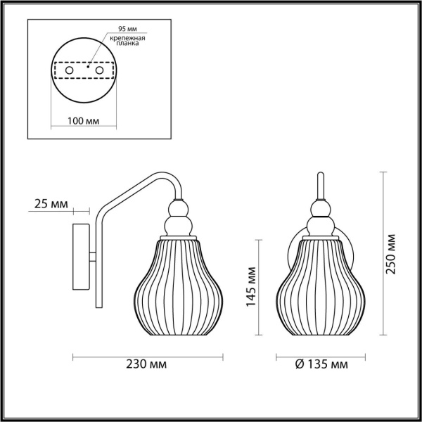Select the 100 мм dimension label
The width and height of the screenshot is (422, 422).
coord(82,121)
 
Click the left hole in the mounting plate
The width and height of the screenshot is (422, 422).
coord(68,71)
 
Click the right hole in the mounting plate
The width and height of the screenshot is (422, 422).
coord(99,71)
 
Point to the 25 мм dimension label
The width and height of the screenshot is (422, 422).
coord(50,205)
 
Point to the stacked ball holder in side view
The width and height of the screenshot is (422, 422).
coord(177,218)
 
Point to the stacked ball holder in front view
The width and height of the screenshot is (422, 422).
coord(320,218)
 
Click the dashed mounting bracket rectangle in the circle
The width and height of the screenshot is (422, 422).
coord(84,71)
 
